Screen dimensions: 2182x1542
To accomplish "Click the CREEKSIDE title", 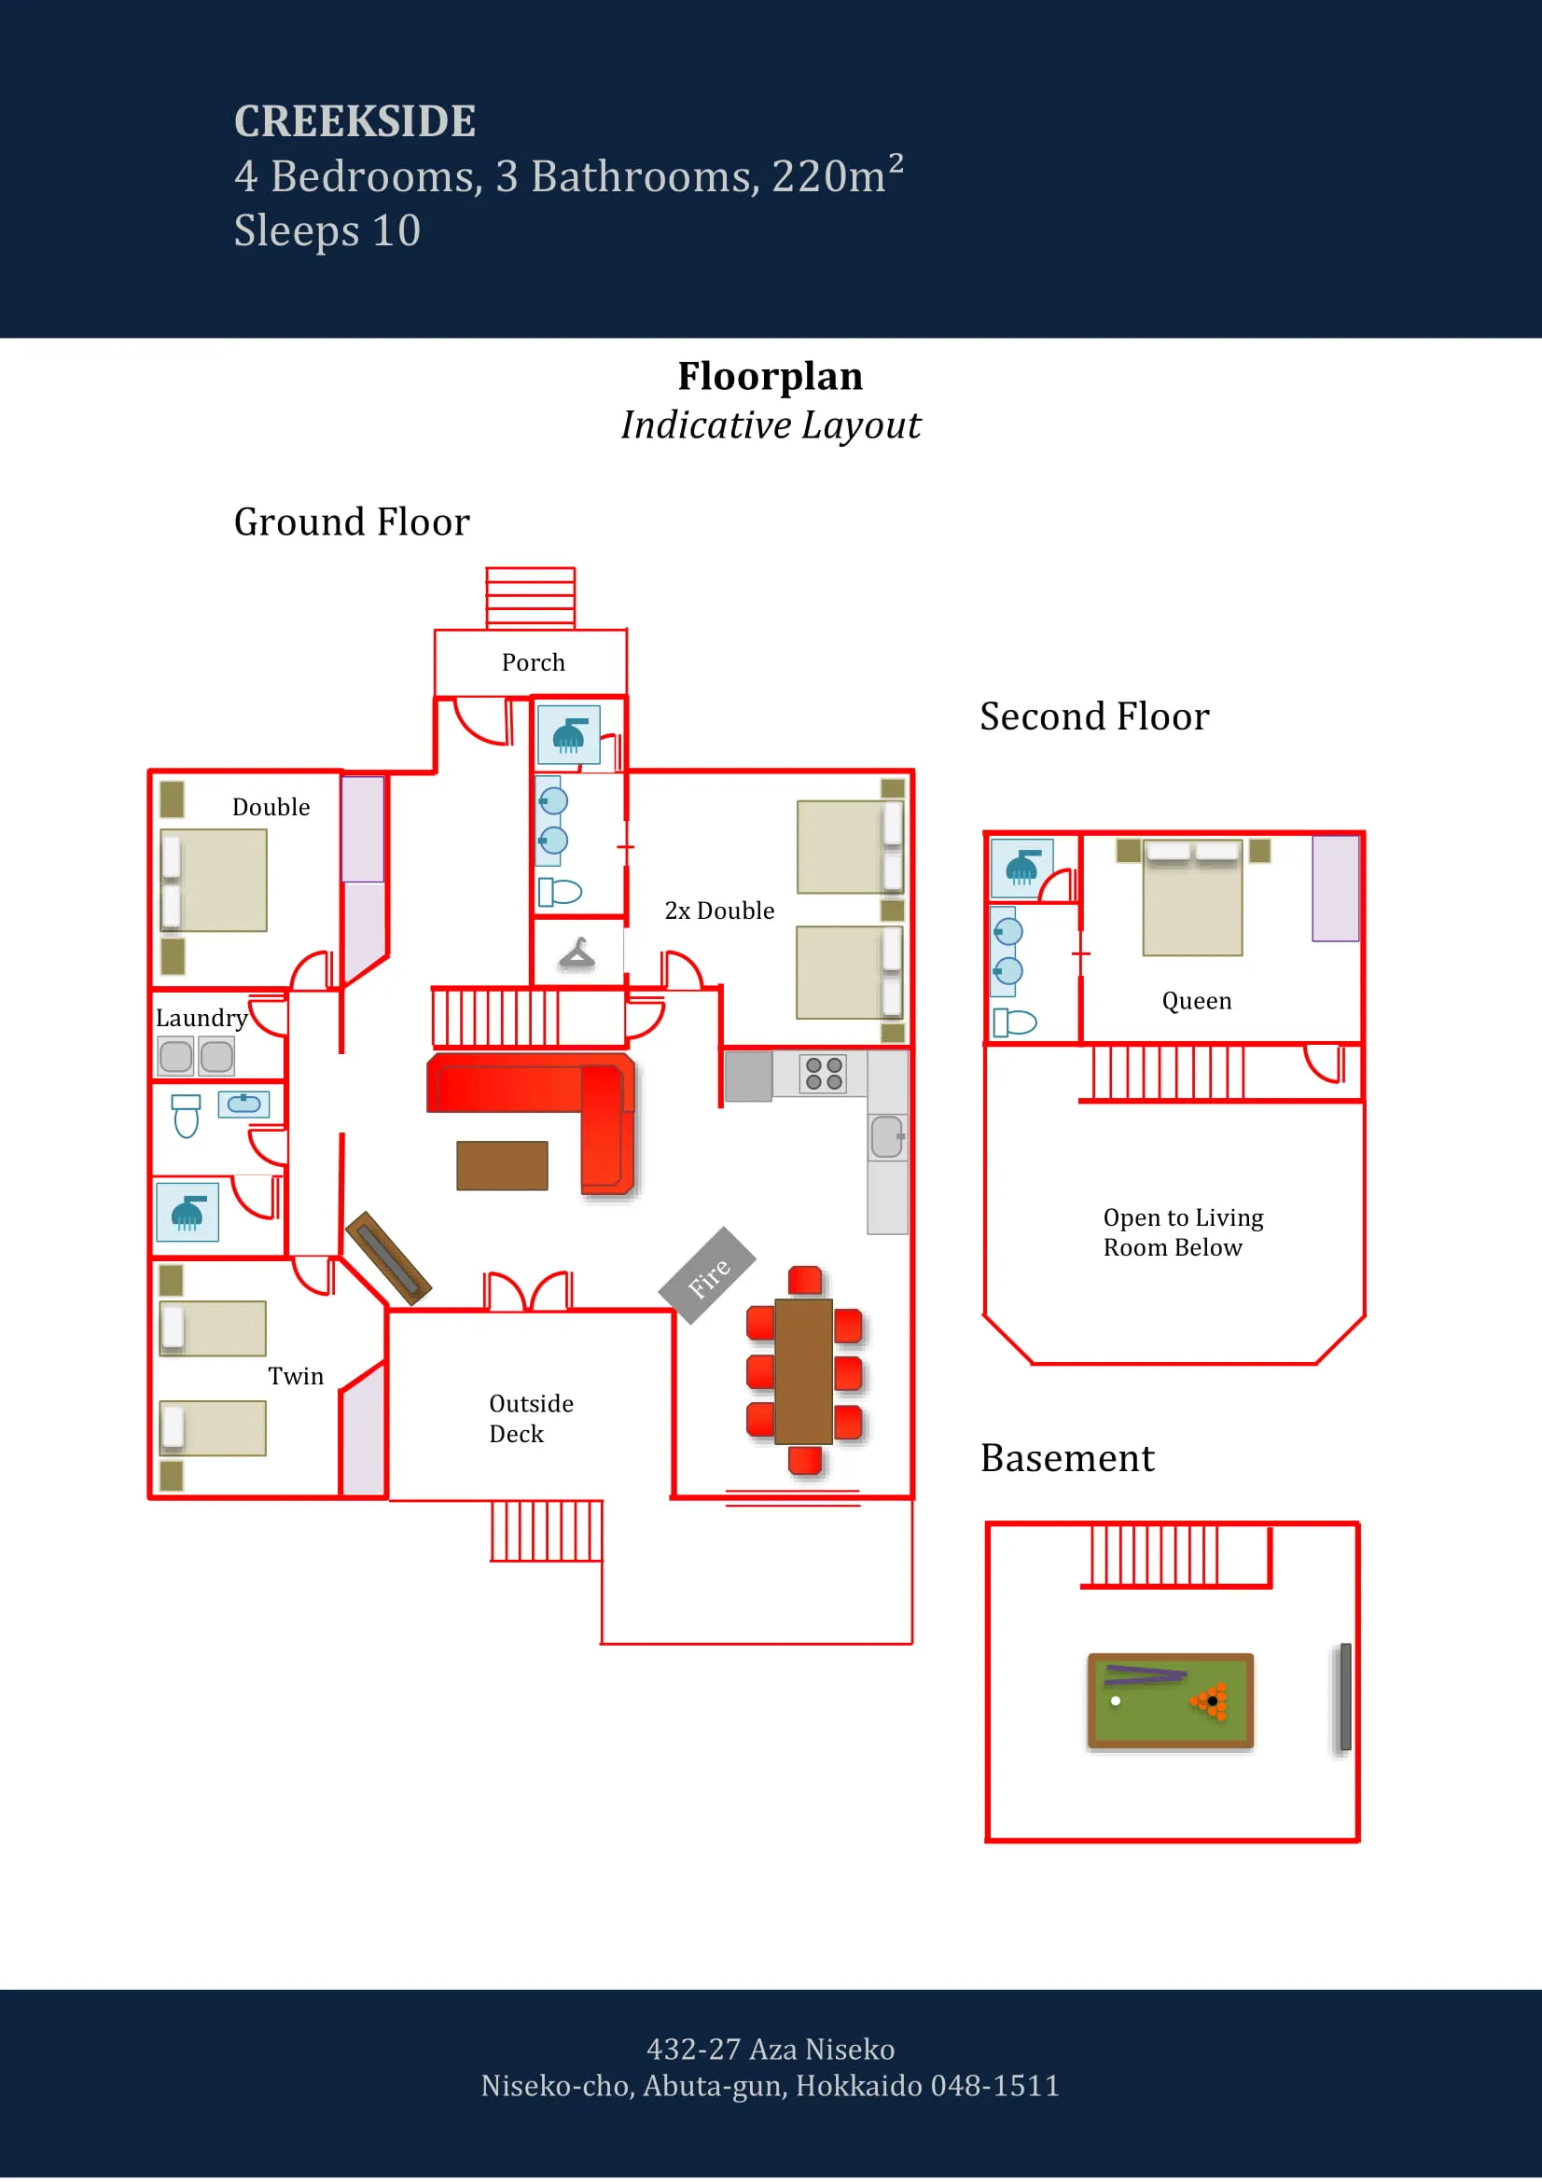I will tap(354, 120).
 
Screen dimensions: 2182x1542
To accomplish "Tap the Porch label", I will tap(533, 662).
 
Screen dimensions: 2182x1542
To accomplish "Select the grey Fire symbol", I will tap(707, 1276).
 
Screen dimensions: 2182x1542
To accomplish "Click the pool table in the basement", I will tap(1170, 1701).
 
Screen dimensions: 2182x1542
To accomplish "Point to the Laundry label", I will tap(201, 1018).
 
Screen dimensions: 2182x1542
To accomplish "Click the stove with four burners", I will tap(823, 1074).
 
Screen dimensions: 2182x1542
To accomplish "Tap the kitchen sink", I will tap(886, 1136).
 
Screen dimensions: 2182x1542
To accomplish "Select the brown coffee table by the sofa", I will tap(502, 1165).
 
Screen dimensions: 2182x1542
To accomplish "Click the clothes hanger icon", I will tap(577, 953).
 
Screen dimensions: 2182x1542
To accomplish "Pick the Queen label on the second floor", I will tap(1196, 1001).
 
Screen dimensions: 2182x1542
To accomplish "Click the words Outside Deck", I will tap(530, 1418).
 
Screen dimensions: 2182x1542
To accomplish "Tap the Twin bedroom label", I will tap(296, 1376).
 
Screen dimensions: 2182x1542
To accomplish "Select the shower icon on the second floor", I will tap(1021, 868).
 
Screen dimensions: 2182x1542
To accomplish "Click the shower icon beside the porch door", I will tap(568, 734).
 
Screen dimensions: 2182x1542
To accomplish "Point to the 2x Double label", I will tap(719, 910).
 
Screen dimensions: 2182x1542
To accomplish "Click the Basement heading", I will tap(1067, 1458).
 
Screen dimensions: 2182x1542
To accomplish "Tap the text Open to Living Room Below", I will tap(1182, 1231).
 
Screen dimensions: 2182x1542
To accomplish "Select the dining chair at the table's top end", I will tap(805, 1280).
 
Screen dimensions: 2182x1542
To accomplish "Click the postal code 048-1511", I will tap(993, 2085).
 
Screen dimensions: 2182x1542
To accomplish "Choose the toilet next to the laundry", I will tap(187, 1116).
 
